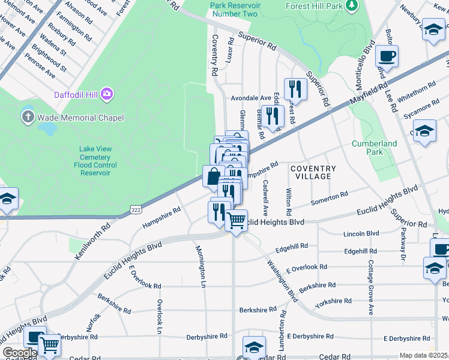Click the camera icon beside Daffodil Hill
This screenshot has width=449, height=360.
click(107, 93)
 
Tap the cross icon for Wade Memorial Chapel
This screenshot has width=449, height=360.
click(28, 116)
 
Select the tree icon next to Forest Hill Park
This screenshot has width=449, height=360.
click(352, 6)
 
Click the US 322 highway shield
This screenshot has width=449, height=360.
click(136, 208)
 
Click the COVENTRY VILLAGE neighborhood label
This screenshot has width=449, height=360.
click(313, 172)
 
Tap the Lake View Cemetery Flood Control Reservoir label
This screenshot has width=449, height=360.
click(95, 161)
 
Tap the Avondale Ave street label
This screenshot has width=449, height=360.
click(252, 98)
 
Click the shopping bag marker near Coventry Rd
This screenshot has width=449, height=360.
click(213, 177)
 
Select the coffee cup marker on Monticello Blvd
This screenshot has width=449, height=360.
click(387, 56)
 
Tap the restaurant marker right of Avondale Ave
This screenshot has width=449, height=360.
click(295, 89)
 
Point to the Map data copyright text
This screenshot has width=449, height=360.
click(424, 355)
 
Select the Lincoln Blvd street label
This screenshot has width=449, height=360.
click(361, 233)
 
